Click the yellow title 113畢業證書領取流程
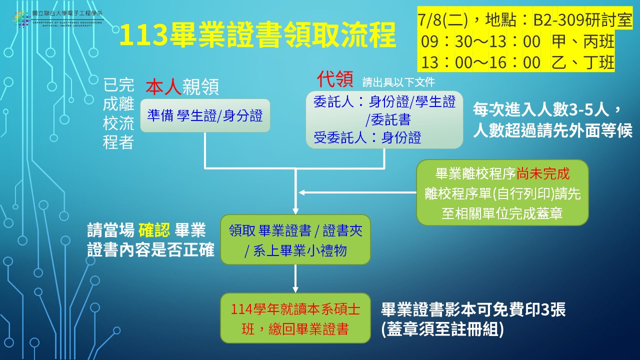point(257,35)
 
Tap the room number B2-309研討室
point(582,20)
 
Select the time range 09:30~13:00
point(480,41)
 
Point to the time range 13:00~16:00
point(480,62)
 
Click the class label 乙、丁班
point(583,62)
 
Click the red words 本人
point(163,87)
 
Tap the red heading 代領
point(335,79)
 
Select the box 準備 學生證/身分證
point(205,115)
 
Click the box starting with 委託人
point(384,119)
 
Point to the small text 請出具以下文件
point(398,82)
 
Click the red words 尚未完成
point(543,173)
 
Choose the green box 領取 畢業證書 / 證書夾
point(295,239)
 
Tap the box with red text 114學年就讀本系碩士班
point(295,318)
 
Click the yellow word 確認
point(154,230)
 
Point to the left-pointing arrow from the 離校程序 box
point(357,192)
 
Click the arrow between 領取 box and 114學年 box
point(295,278)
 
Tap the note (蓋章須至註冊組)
point(442,329)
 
